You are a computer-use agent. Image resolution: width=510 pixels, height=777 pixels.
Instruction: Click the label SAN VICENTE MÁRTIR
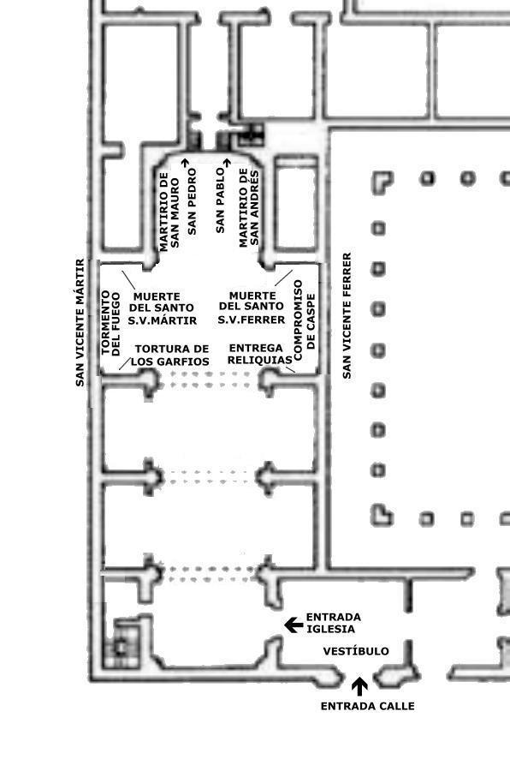pyautogui.click(x=80, y=323)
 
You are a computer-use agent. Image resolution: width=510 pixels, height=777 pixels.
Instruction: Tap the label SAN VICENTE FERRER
pyautogui.click(x=347, y=315)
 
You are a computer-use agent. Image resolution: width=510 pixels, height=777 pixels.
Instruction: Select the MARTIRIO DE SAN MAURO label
pyautogui.click(x=169, y=211)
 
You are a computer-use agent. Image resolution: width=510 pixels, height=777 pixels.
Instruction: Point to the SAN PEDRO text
pyautogui.click(x=193, y=201)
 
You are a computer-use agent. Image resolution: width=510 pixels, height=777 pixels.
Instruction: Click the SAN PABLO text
pyautogui.click(x=220, y=200)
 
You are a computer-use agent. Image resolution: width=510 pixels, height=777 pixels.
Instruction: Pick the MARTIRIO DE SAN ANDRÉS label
pyautogui.click(x=248, y=208)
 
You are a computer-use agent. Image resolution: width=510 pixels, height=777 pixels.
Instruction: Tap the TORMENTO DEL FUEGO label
pyautogui.click(x=110, y=323)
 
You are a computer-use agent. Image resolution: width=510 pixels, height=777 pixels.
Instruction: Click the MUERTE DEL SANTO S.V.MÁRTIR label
pyautogui.click(x=163, y=308)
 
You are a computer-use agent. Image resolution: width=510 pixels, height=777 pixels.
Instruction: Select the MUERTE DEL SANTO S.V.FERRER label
pyautogui.click(x=252, y=308)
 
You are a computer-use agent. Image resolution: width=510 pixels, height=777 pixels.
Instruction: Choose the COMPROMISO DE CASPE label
pyautogui.click(x=304, y=320)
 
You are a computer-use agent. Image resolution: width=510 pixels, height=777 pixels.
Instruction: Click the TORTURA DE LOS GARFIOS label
pyautogui.click(x=170, y=355)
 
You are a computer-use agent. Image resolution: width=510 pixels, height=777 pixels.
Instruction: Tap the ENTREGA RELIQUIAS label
pyautogui.click(x=259, y=354)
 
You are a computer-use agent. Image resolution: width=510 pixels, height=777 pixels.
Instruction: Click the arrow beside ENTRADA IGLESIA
pyautogui.click(x=294, y=625)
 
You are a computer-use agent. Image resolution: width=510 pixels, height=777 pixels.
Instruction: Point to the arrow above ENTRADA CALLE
pyautogui.click(x=359, y=686)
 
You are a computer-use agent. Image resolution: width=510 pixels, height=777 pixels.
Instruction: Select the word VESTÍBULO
pyautogui.click(x=356, y=650)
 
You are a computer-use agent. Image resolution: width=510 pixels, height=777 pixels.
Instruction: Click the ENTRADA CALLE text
pyautogui.click(x=367, y=706)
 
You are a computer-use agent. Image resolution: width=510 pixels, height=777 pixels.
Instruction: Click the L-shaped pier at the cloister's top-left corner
pyautogui.click(x=380, y=181)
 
